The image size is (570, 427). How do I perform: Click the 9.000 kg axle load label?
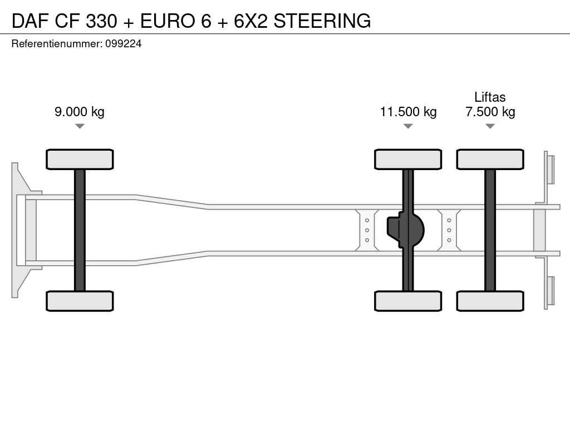pos(80,111)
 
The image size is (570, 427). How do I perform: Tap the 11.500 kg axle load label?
pos(408,111)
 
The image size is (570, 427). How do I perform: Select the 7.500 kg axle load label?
pos(490,111)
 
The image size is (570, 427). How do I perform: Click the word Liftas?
pos(490,97)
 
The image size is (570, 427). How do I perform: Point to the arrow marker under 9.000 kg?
pos(80,126)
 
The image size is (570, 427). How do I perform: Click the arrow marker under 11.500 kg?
pos(408,126)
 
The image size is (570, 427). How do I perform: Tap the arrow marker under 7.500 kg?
pos(490,126)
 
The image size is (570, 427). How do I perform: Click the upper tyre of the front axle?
pos(80,160)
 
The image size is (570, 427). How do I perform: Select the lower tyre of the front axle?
pos(80,301)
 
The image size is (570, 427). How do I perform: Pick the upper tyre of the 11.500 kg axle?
pos(408,160)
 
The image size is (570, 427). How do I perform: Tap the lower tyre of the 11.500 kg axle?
pos(408,301)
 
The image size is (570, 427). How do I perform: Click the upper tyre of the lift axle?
pos(490,160)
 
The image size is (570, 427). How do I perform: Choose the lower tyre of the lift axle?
pos(490,301)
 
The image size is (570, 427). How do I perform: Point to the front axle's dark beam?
pos(80,230)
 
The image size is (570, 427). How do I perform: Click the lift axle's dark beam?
pos(490,230)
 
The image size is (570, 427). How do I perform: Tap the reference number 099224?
pos(123,44)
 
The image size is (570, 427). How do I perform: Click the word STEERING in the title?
pos(322,21)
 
